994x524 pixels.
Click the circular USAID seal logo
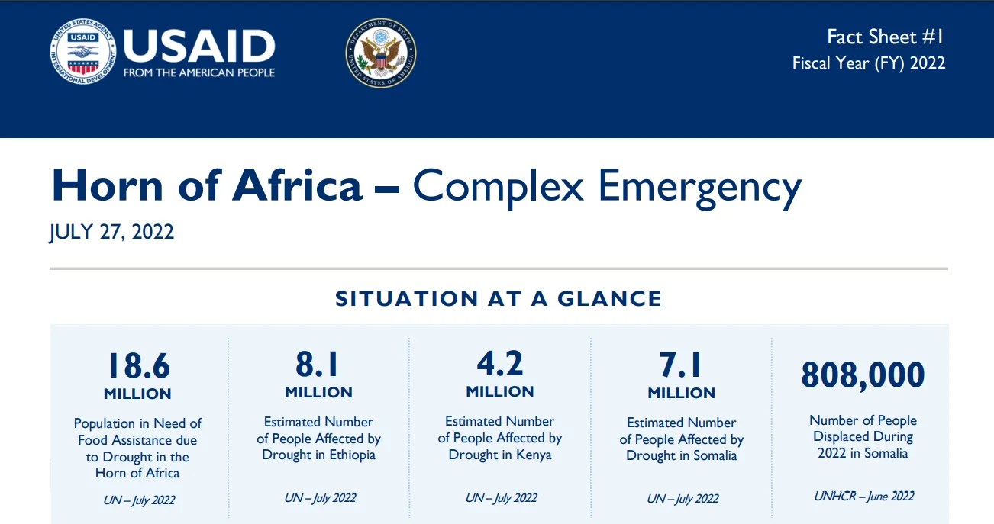82,52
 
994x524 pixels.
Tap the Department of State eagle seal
380,53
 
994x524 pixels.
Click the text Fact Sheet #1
886,37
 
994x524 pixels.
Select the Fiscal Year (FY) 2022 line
869,63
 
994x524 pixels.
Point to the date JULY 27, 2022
111,232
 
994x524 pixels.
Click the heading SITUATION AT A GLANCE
499,299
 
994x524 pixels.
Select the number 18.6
137,366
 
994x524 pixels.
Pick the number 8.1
318,365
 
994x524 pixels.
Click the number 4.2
499,365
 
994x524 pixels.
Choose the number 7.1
681,365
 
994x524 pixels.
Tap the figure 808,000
863,375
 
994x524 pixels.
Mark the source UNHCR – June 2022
863,496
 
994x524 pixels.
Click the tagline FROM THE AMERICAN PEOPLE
198,73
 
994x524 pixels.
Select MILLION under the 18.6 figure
137,394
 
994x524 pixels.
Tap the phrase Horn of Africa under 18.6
137,473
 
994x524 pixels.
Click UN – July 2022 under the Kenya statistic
501,498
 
